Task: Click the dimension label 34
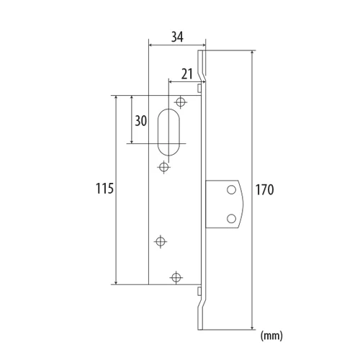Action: coord(177,37)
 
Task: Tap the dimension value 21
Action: coord(187,74)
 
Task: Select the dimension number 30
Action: coord(140,121)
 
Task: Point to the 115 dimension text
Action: coord(104,189)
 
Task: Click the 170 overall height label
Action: coord(264,190)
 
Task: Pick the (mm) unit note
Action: coord(271,336)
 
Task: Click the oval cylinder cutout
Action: coord(168,132)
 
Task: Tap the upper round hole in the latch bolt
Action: coord(231,190)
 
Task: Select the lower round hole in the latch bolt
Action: coord(231,219)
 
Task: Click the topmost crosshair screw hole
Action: coord(181,102)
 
